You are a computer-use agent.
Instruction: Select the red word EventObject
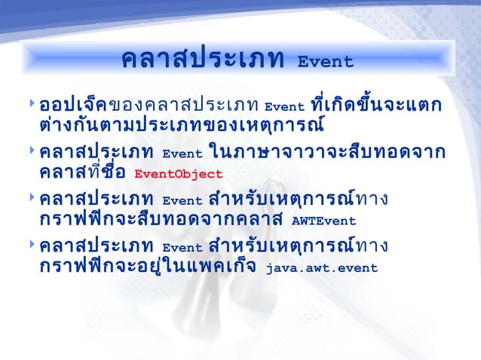tap(178, 174)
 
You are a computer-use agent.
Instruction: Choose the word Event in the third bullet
tap(182, 202)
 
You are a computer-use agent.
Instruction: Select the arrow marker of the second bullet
tap(29, 151)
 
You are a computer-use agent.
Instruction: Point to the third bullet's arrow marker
tap(29, 199)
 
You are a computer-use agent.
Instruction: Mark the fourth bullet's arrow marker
tap(29, 246)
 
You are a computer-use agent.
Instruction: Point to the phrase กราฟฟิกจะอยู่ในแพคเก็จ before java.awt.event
tap(149, 267)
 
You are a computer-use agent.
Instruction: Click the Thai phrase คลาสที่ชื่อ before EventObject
tap(82, 173)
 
